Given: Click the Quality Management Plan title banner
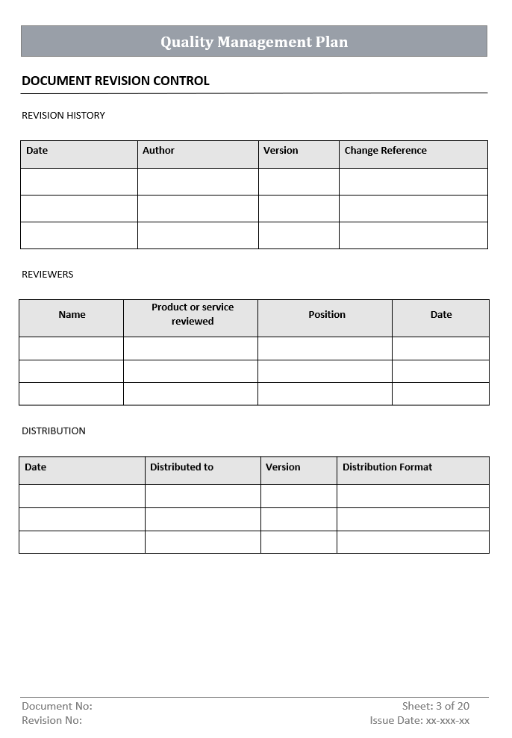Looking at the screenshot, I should (x=254, y=42).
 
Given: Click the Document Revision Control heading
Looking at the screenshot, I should (x=116, y=81).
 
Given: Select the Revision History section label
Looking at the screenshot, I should (x=63, y=116).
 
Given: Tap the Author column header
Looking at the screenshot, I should (x=158, y=151).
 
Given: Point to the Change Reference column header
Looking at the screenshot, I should (x=385, y=151).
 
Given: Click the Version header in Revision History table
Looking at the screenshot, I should (x=281, y=151).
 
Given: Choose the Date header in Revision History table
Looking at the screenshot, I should (x=37, y=151).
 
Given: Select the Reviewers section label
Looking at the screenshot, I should (x=48, y=275).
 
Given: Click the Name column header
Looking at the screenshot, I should (x=72, y=315).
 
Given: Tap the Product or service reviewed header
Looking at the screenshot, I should (x=193, y=314).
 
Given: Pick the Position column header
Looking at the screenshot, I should (x=327, y=315).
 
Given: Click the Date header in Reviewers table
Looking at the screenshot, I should (x=441, y=315).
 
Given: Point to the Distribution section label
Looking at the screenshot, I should (x=54, y=431).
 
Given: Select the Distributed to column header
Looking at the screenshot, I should (x=181, y=467).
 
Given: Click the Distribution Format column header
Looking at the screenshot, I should (x=387, y=467).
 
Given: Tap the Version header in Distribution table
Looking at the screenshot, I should (x=283, y=467).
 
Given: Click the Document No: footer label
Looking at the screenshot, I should (x=57, y=706).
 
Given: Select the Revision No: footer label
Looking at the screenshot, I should (x=52, y=720).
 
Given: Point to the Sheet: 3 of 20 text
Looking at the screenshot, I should (x=436, y=706).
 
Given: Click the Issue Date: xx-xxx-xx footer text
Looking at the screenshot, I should (x=419, y=720).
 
